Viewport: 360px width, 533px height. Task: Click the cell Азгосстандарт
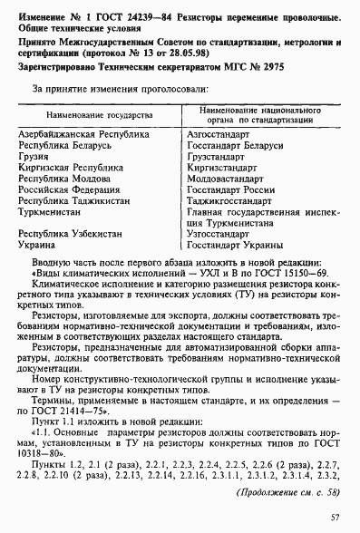click(x=216, y=135)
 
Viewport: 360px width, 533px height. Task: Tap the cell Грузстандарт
click(x=217, y=157)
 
